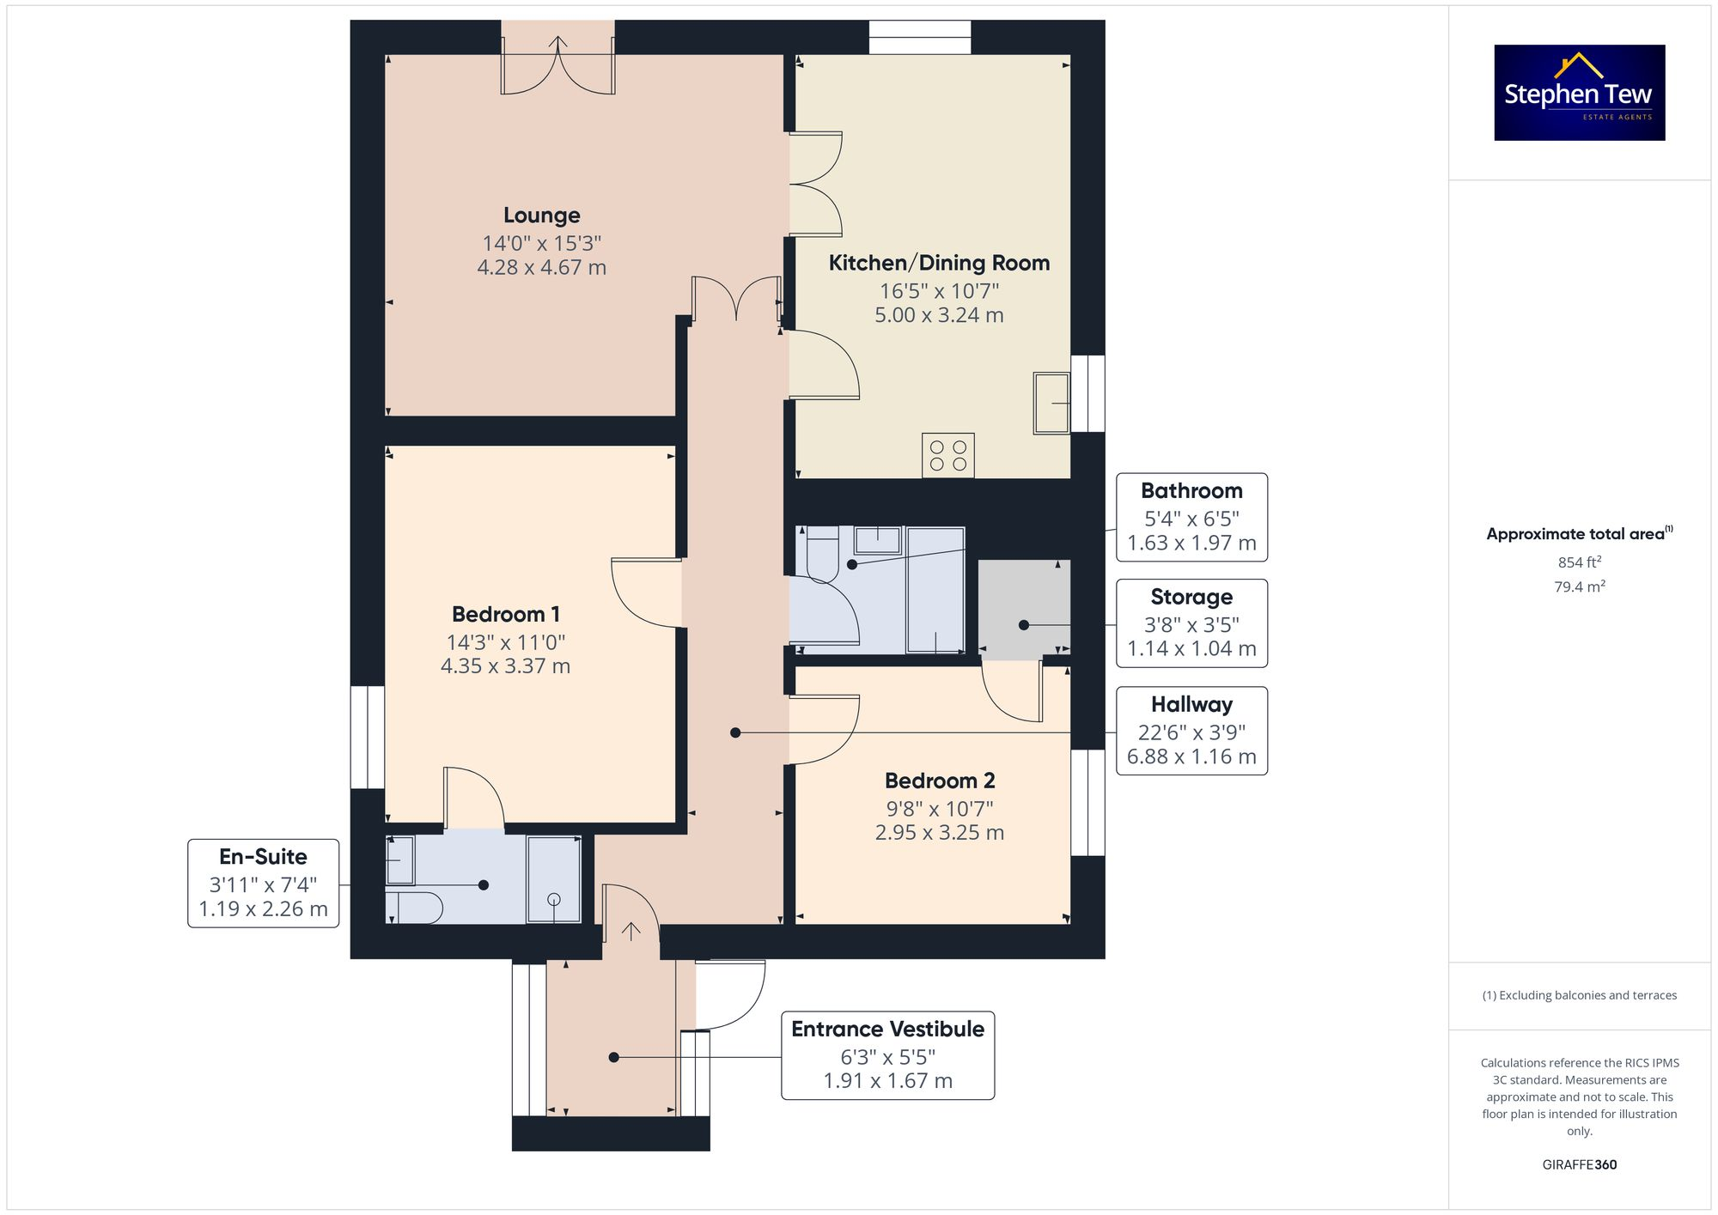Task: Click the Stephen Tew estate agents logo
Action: click(x=1579, y=93)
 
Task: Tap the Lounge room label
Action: click(x=541, y=216)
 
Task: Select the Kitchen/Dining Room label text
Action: click(x=939, y=264)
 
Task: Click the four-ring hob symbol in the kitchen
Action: click(x=948, y=455)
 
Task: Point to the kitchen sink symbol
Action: click(x=1051, y=403)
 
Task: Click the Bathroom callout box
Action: click(x=1191, y=517)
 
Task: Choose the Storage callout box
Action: click(x=1191, y=623)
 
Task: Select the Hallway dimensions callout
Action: click(x=1191, y=731)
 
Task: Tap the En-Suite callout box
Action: click(x=263, y=883)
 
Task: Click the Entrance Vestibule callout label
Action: click(x=887, y=1055)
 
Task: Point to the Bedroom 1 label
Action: click(x=506, y=615)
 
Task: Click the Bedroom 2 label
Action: click(x=940, y=781)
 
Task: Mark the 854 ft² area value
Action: click(x=1579, y=562)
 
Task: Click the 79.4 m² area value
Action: click(x=1579, y=587)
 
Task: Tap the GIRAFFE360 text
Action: click(x=1579, y=1165)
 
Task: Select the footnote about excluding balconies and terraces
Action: click(x=1579, y=995)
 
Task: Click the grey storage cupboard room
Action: click(x=1024, y=608)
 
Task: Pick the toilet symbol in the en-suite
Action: click(x=414, y=907)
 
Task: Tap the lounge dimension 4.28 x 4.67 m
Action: click(x=541, y=268)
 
